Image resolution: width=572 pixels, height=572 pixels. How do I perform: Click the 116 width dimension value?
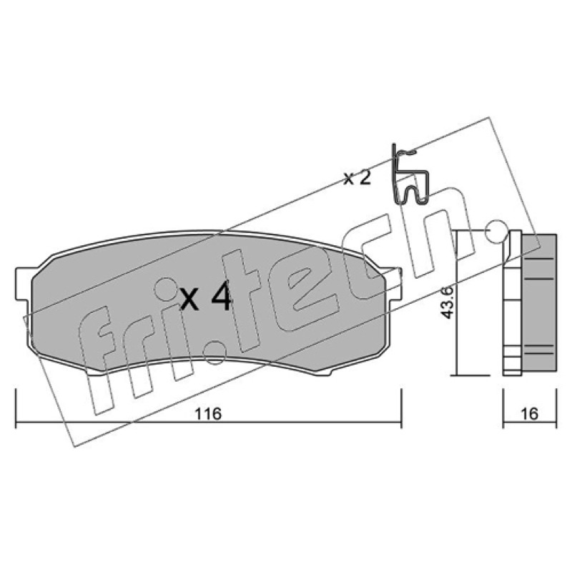pos(208,414)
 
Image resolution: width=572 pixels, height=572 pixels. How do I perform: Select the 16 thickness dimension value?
pos(530,414)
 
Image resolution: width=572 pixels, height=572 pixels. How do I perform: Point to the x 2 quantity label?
pos(357,178)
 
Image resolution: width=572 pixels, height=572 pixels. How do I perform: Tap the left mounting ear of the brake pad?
pos(23,285)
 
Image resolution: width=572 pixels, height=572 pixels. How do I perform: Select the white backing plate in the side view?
pos(512,302)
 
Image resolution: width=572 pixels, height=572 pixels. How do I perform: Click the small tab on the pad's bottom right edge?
pos(326,372)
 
